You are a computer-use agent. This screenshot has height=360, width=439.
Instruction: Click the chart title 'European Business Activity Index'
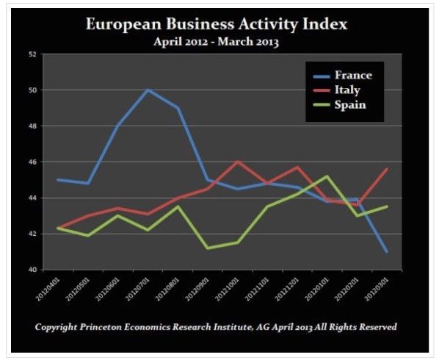tap(216, 24)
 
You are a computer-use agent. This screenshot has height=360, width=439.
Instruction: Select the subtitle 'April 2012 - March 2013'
tap(216, 42)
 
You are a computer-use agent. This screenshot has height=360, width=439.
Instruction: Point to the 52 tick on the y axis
tap(31, 54)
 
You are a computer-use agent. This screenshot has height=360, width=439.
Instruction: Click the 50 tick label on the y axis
tap(31, 90)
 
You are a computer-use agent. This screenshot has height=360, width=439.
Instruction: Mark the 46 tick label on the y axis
tap(31, 162)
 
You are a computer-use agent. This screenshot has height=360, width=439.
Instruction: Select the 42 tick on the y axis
tap(31, 234)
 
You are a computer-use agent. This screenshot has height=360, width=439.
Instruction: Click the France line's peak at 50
tap(148, 90)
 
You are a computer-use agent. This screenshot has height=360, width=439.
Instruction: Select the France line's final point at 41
tap(388, 252)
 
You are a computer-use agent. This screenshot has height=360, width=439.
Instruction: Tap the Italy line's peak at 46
tap(237, 162)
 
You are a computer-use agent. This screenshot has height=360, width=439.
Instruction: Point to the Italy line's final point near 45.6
tap(388, 169)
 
